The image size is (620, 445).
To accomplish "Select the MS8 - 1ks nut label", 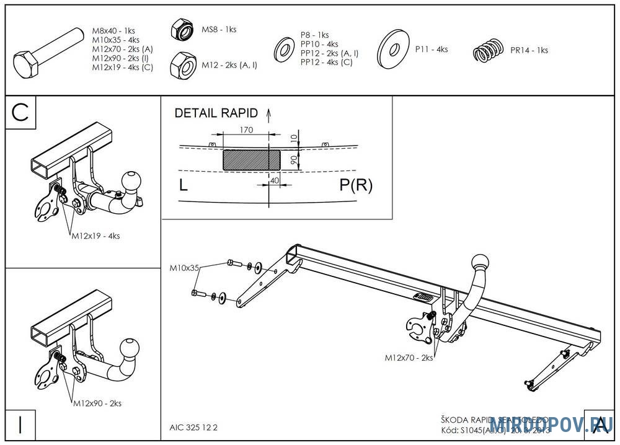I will (x=219, y=29).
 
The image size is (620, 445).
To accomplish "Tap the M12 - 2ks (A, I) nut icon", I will (x=183, y=64).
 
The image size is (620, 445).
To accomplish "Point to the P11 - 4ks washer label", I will (x=432, y=49).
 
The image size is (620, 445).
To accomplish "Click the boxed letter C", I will (x=20, y=112).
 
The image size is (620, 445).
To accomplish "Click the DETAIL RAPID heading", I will (x=216, y=113).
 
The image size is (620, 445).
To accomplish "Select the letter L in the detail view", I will (x=183, y=185).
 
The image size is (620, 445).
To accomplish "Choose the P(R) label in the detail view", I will (x=355, y=185).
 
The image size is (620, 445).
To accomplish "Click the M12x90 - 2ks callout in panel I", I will (x=97, y=403).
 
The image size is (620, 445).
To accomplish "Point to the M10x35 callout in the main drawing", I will (x=184, y=268).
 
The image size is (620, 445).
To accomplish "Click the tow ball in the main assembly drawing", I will (x=482, y=261).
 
